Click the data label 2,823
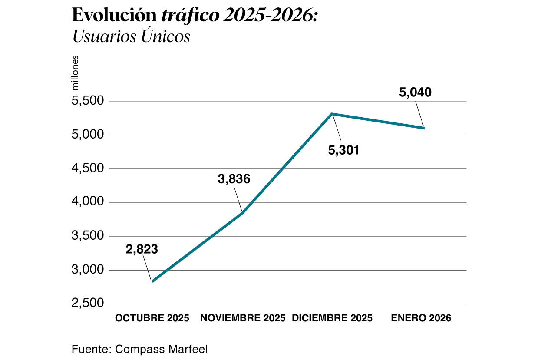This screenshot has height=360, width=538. click(142, 249)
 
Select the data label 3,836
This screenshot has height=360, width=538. click(234, 179)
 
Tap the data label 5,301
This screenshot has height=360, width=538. click(343, 151)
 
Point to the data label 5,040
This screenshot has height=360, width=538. click(415, 93)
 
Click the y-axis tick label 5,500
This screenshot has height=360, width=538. click(88, 101)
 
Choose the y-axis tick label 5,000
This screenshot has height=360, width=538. click(88, 135)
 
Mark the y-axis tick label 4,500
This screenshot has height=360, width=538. click(88, 169)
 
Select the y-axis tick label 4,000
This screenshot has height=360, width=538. click(88, 202)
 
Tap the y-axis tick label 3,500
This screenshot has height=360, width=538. click(88, 236)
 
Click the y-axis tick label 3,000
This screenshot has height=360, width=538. click(88, 270)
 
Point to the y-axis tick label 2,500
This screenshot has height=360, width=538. click(88, 304)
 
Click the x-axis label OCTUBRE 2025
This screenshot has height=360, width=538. click(152, 318)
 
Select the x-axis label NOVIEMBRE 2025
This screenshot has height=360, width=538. click(243, 318)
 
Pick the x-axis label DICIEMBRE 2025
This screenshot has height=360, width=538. click(332, 318)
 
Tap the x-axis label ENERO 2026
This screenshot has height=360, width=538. click(421, 318)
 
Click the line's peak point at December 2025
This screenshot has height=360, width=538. click(332, 114)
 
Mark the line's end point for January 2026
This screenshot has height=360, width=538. click(423, 128)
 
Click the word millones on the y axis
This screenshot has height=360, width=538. click(76, 73)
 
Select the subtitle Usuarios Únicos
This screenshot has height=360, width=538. click(131, 36)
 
